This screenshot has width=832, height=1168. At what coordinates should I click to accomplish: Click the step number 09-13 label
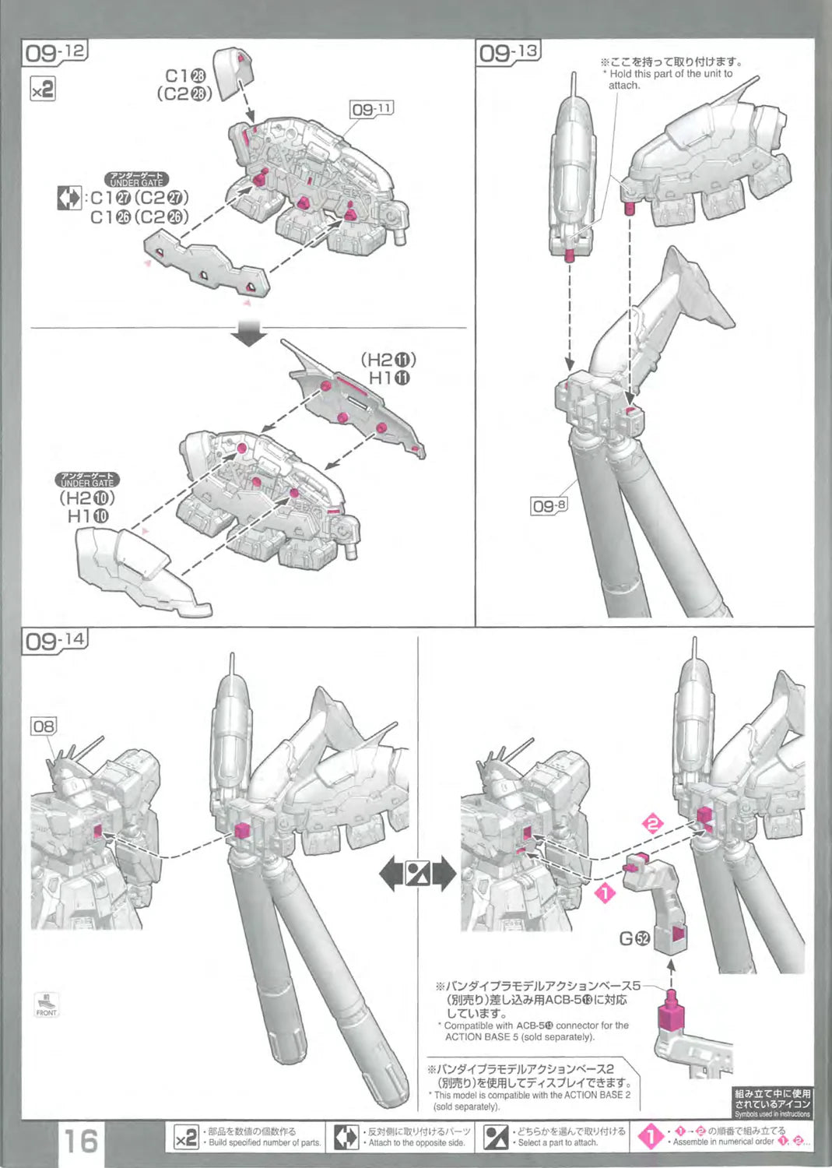(x=508, y=53)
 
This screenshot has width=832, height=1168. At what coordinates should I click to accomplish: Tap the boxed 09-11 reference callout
(x=372, y=109)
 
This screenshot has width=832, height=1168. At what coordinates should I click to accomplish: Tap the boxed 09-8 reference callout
(x=549, y=506)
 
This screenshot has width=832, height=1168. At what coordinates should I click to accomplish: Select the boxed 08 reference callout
(x=44, y=726)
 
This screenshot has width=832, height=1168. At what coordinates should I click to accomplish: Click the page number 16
(x=80, y=1142)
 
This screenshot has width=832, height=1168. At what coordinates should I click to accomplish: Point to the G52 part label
(x=634, y=939)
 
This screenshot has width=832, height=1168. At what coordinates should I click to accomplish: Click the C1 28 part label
(x=185, y=76)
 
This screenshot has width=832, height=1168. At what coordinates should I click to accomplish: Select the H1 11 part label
(x=389, y=378)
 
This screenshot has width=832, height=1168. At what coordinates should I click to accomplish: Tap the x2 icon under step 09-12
(x=43, y=89)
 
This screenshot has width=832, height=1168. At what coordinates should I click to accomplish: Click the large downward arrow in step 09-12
(x=248, y=333)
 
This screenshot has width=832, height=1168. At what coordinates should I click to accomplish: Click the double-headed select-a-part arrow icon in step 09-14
(x=418, y=874)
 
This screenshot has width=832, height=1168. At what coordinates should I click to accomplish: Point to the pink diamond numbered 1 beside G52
(x=605, y=893)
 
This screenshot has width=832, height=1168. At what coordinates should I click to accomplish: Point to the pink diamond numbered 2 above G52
(x=653, y=824)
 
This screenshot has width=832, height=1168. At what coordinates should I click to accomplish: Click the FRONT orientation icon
(x=47, y=1004)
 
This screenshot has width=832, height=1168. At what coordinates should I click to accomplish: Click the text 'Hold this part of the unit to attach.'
(x=669, y=79)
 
